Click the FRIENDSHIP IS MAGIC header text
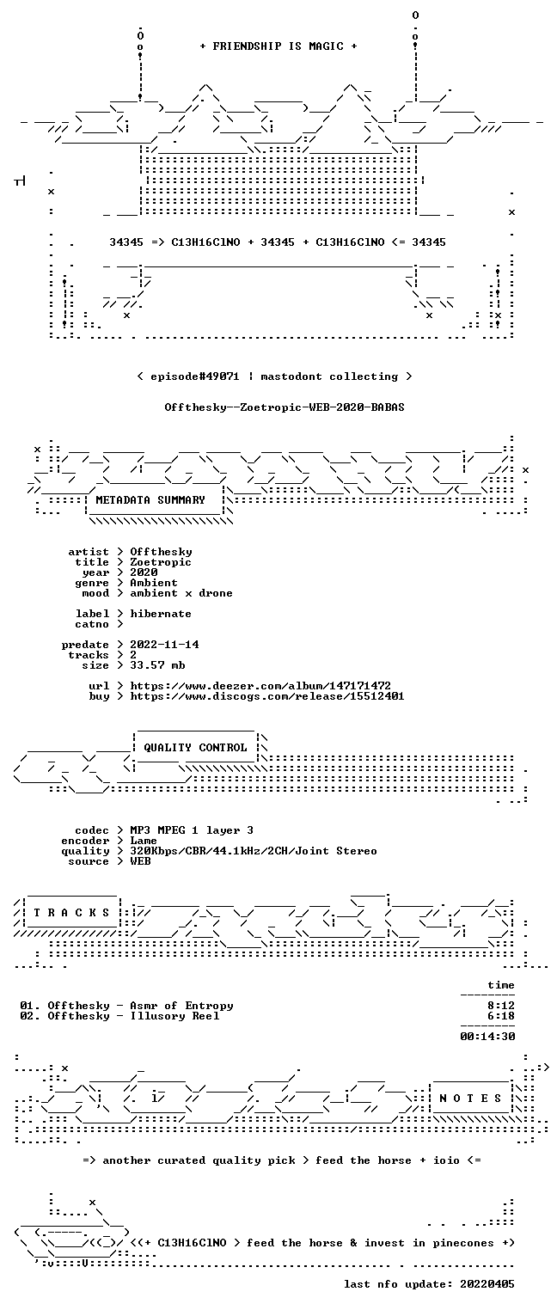tap(278, 46)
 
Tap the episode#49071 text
tap(195, 376)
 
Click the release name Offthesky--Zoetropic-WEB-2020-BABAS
tap(285, 407)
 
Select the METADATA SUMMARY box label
tap(150, 500)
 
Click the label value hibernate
tap(161, 614)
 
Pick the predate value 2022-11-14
tap(164, 645)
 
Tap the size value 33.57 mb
tap(157, 665)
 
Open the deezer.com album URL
tap(260, 686)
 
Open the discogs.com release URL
tap(267, 696)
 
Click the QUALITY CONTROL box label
tap(195, 748)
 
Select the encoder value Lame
tap(144, 841)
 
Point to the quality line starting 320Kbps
tap(254, 852)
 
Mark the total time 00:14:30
tap(487, 1037)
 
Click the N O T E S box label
tap(470, 1099)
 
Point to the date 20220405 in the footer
tap(487, 1284)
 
